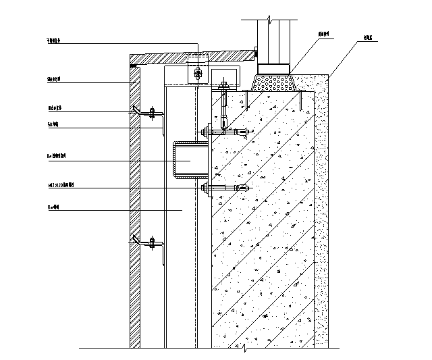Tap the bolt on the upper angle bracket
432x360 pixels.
[x=153, y=112]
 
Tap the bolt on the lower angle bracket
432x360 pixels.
[x=153, y=242]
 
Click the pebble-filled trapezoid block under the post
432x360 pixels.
[x=274, y=82]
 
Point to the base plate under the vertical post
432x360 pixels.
[x=273, y=67]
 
